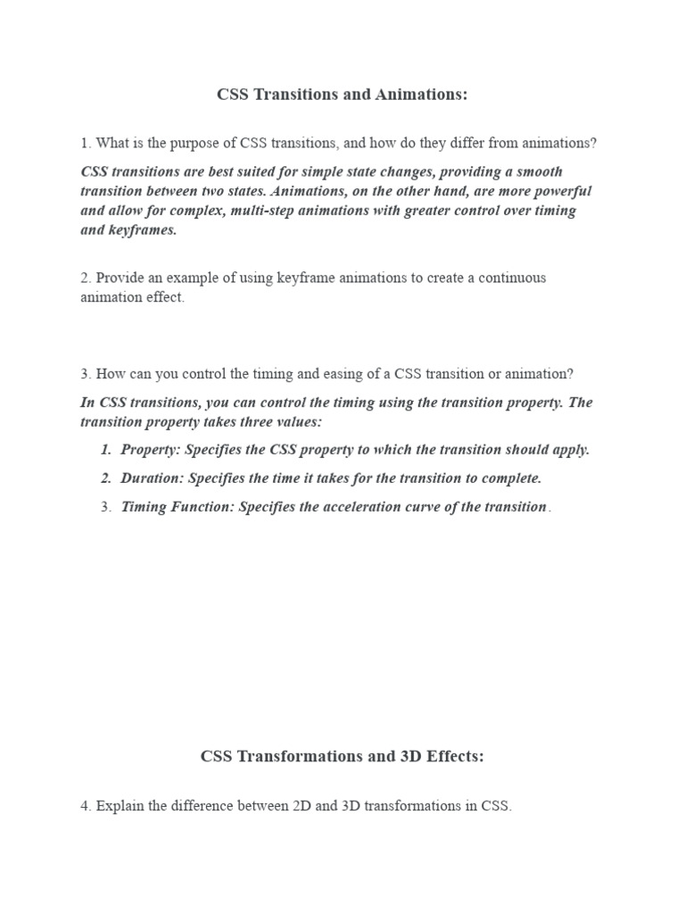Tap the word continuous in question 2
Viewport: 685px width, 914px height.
pyautogui.click(x=507, y=278)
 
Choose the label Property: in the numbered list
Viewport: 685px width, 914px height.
pyautogui.click(x=150, y=449)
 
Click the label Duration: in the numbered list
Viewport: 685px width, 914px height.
pyautogui.click(x=151, y=478)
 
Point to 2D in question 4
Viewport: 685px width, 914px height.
pyautogui.click(x=301, y=806)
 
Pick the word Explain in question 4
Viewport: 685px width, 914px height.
pyautogui.click(x=120, y=806)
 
